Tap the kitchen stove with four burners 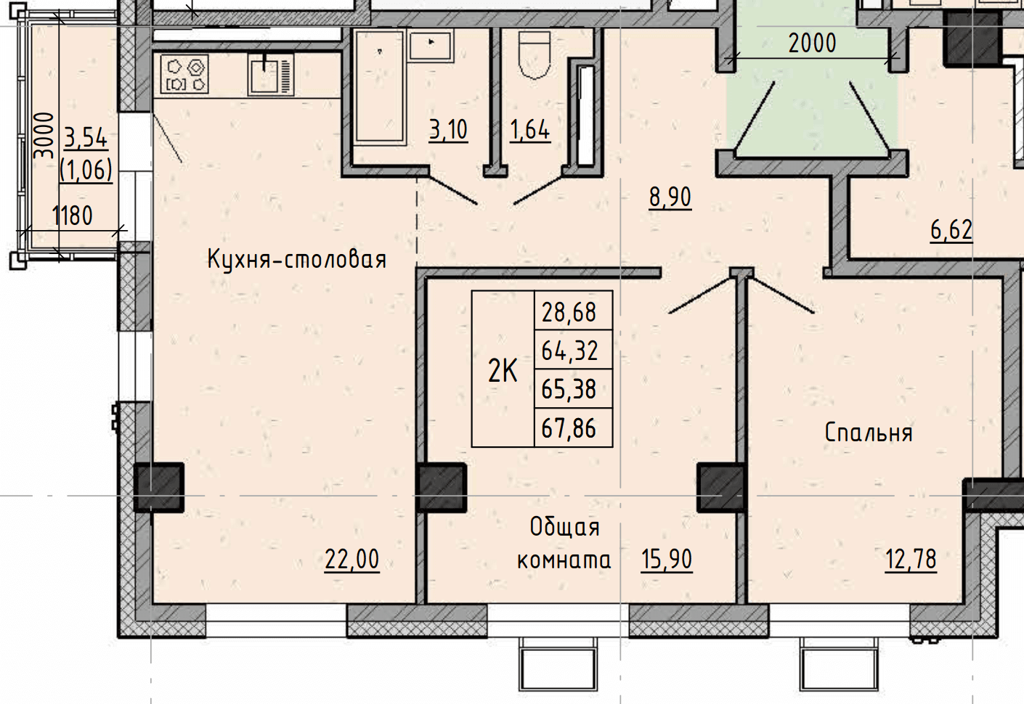184,73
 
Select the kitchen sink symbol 271,75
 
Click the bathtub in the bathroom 379,87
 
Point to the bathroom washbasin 431,46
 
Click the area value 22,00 352,560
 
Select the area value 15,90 667,560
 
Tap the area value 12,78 911,560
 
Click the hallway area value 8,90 670,198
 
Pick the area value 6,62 951,230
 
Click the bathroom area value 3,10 449,130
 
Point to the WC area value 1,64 530,130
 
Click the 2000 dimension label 813,44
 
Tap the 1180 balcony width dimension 72,216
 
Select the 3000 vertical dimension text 44,136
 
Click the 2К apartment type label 503,370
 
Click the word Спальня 869,433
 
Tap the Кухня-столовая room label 297,260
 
